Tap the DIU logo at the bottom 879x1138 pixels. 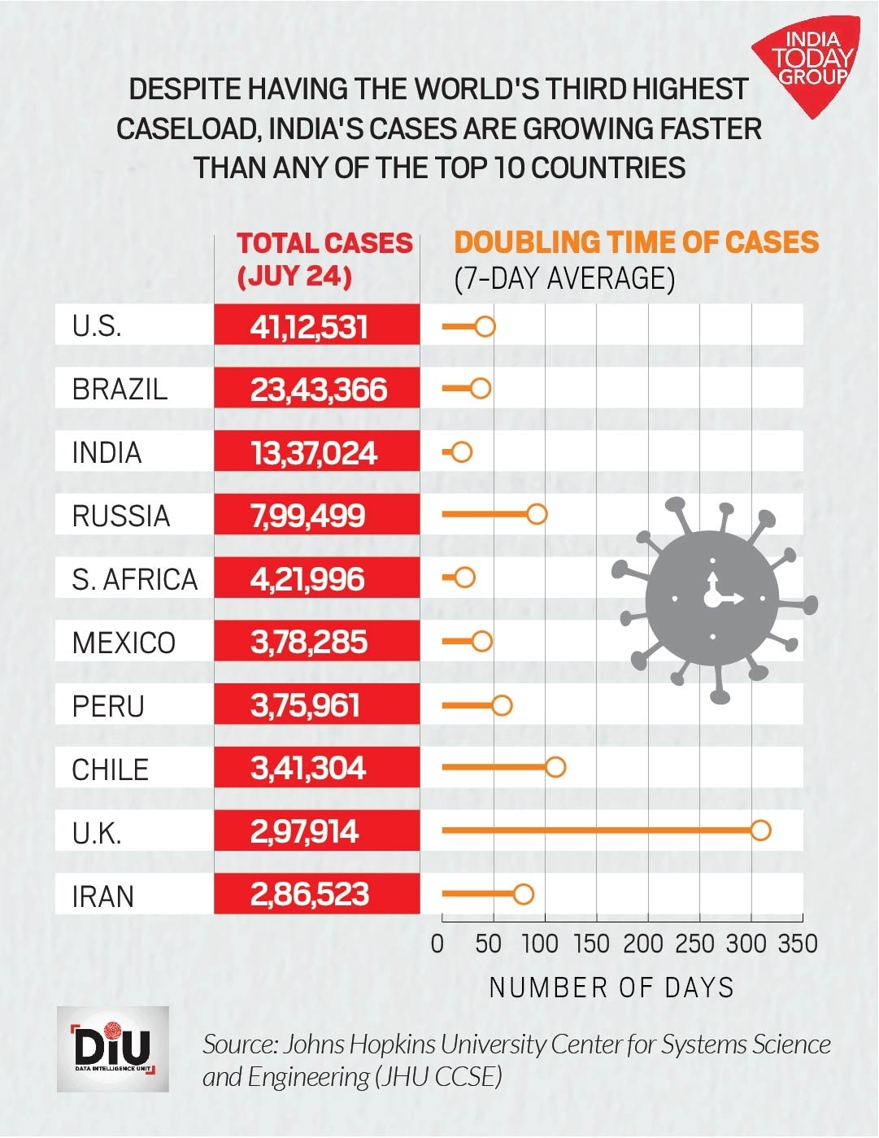[113, 1049]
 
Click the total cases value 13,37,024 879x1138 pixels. [314, 453]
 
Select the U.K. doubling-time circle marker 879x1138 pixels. [760, 831]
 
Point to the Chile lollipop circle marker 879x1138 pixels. [555, 767]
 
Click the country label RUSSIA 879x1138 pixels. [121, 516]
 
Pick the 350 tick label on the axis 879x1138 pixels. [798, 944]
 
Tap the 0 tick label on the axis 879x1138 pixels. [438, 944]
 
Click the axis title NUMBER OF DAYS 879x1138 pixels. [611, 988]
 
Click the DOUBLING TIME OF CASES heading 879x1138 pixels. [636, 242]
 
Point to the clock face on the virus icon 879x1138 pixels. [712, 600]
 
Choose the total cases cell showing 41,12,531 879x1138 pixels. [309, 327]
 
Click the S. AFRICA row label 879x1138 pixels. [135, 579]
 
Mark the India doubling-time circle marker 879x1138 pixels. [461, 452]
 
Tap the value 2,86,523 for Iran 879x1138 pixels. [310, 895]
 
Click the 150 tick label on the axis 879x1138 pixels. [591, 944]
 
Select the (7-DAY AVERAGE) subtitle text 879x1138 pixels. [564, 278]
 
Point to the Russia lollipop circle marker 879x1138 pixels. [536, 514]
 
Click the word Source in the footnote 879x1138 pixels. [237, 1044]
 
